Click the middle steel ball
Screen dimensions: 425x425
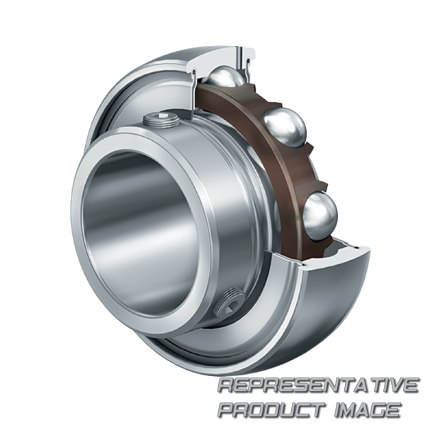click(x=284, y=127)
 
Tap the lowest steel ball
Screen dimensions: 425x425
click(x=321, y=216)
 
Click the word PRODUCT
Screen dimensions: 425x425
click(x=271, y=409)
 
